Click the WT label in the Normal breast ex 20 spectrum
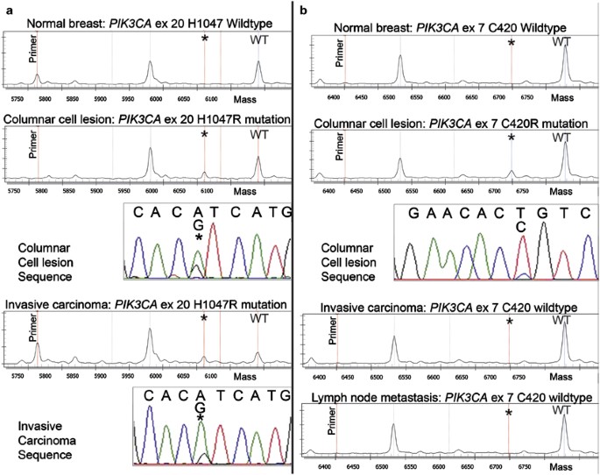coord(259,39)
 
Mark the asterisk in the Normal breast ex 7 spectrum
coord(511,43)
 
